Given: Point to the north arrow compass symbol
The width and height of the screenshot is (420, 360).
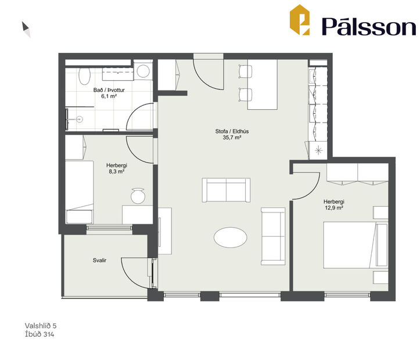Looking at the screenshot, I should point(26,29).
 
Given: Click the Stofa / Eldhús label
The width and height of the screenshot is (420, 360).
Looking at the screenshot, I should point(228,131).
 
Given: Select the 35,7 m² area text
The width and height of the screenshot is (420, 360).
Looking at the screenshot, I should point(228,138).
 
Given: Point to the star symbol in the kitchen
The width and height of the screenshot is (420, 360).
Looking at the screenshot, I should point(318,150).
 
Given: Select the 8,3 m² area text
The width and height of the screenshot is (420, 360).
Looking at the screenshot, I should point(117,172).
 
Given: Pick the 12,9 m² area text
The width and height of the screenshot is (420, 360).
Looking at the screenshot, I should point(333,207).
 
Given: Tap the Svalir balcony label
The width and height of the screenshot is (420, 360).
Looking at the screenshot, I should point(99,261).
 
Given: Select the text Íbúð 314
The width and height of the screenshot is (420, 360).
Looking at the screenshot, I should point(40,334).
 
